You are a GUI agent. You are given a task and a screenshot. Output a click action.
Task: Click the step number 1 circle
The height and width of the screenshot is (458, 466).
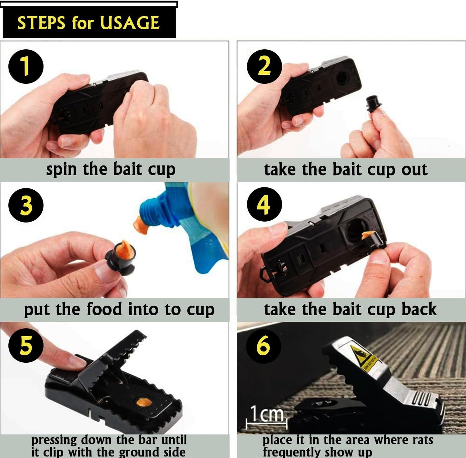pos(26,66)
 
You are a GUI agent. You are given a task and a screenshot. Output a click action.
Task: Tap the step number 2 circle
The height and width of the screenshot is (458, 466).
pos(264,66)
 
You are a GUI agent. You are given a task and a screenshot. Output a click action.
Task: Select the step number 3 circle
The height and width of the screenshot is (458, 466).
pos(26,205)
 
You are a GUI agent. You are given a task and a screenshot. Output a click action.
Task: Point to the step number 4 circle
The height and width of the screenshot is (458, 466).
pos(264,204)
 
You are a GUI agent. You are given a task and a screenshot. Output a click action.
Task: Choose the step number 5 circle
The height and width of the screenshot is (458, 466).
pos(26,345)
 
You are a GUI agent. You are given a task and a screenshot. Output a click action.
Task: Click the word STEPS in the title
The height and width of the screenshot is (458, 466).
pos(41,23)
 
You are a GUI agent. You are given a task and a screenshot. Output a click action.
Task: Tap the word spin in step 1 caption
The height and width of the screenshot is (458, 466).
pos(61,170)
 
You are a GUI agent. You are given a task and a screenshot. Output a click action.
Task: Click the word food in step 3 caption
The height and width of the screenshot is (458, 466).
pos(104,309)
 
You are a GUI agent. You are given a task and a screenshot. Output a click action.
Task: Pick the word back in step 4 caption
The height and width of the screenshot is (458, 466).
pos(419,309)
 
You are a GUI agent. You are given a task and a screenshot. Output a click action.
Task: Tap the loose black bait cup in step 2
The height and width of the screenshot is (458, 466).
pos(373,103)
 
